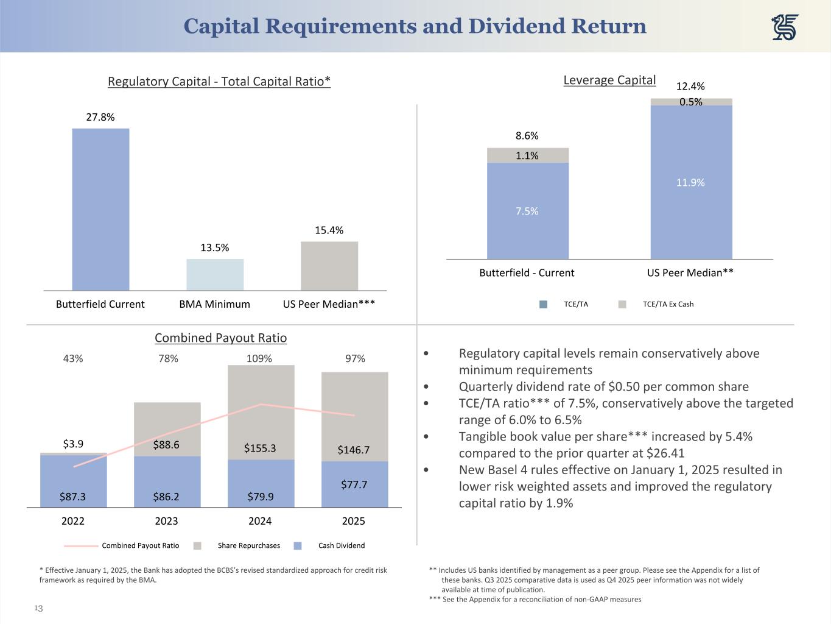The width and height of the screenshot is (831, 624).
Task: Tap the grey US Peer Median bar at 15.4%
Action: (x=329, y=266)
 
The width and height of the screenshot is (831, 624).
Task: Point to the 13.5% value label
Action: (x=215, y=247)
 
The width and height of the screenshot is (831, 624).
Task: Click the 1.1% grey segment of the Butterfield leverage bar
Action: (x=527, y=155)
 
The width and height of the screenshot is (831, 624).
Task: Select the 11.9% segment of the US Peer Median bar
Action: (x=691, y=182)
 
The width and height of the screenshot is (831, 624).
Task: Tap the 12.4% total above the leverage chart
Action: (x=690, y=87)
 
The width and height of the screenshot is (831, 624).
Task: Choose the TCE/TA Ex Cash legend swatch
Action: (x=622, y=305)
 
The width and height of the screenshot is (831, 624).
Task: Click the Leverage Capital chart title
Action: (x=609, y=80)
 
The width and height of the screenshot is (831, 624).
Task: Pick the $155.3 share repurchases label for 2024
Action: (x=260, y=448)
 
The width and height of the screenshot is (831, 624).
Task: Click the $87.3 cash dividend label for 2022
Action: (x=73, y=497)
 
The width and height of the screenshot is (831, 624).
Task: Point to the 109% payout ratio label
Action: (x=259, y=358)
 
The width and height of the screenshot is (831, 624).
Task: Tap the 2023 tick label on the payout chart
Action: (x=166, y=520)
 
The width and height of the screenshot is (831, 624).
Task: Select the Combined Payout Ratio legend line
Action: (x=81, y=546)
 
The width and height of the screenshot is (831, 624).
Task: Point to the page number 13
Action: (x=38, y=608)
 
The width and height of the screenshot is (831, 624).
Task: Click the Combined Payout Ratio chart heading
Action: (x=220, y=338)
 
